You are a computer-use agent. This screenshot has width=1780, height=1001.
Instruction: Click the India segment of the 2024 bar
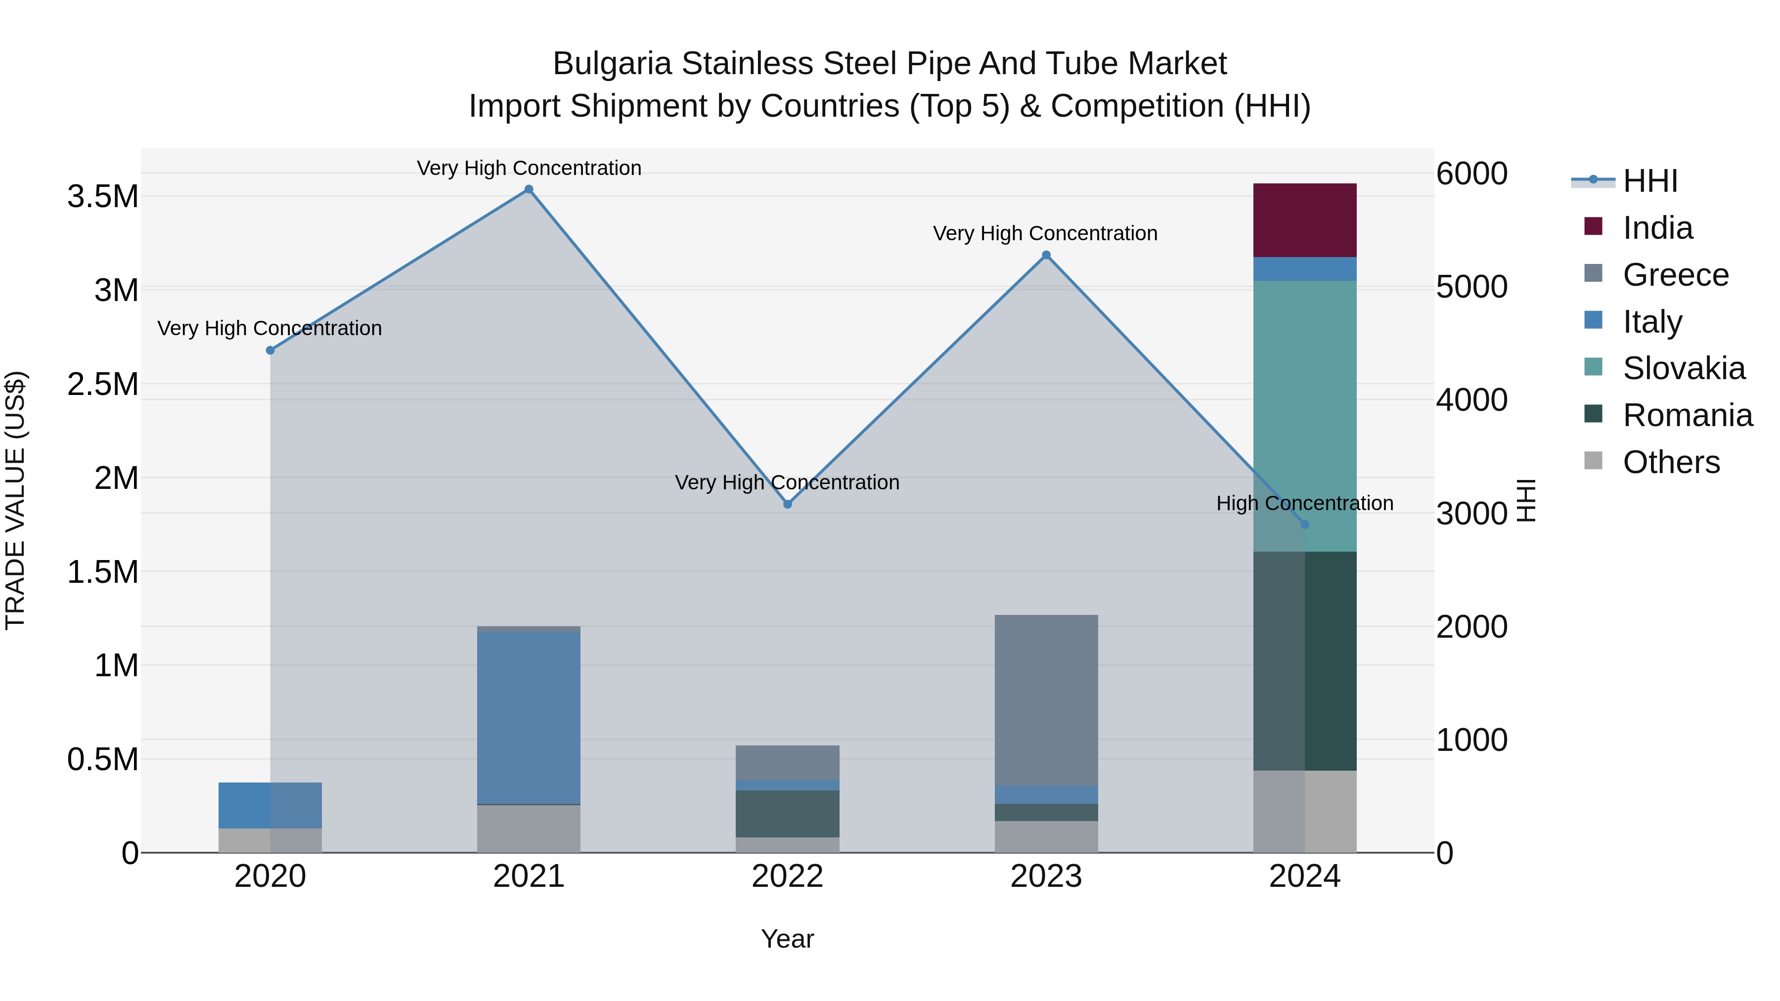click(x=1305, y=219)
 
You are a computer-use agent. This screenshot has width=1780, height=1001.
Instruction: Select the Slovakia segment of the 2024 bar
click(x=1305, y=415)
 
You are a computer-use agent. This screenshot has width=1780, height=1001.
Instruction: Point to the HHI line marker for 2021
click(x=529, y=189)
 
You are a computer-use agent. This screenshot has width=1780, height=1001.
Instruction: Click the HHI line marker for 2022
click(x=787, y=504)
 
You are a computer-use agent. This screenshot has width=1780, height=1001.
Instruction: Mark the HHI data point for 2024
click(x=1305, y=524)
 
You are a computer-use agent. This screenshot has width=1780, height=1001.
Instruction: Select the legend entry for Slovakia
click(x=1683, y=368)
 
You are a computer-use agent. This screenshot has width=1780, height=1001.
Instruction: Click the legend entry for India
click(x=1657, y=228)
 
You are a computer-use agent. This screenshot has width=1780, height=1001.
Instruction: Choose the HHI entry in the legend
click(x=1649, y=181)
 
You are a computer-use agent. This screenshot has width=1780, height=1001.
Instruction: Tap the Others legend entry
click(x=1671, y=462)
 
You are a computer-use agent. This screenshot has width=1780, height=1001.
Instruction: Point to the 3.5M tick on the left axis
click(x=102, y=197)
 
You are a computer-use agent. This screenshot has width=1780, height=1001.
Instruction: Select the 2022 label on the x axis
click(x=787, y=876)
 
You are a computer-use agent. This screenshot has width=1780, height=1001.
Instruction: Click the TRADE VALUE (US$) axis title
click(x=15, y=500)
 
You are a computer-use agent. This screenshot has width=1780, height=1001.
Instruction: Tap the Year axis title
click(x=787, y=939)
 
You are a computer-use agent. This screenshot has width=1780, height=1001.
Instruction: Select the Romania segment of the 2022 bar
click(x=787, y=813)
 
